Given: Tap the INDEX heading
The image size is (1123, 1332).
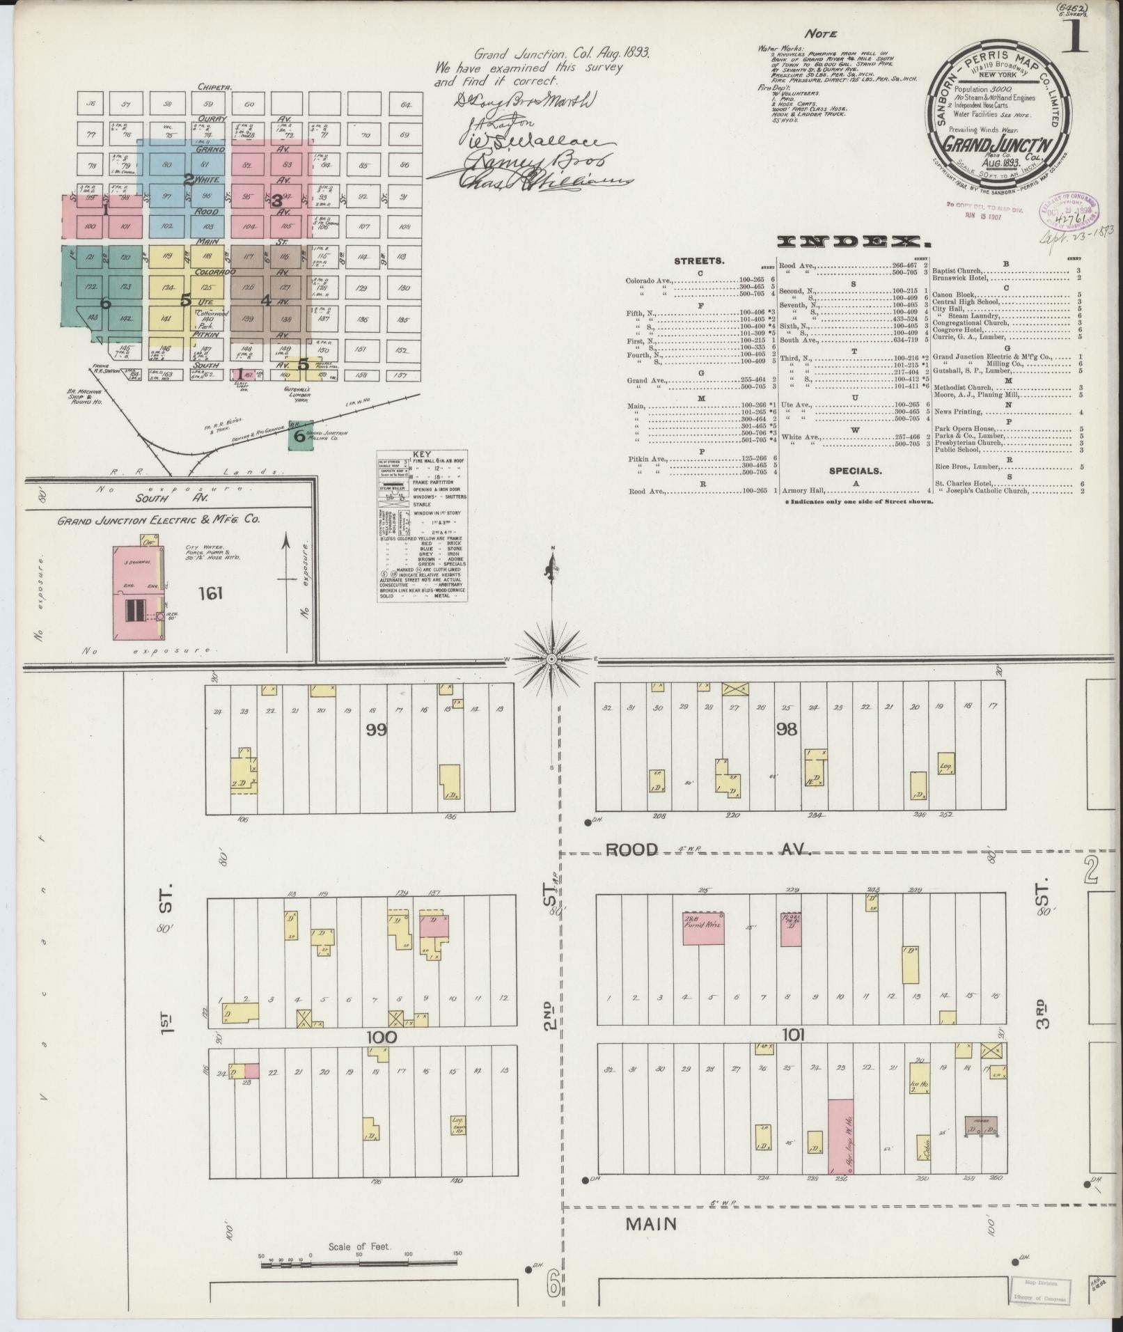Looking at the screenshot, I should [853, 242].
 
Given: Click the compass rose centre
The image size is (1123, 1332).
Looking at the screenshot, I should [551, 658].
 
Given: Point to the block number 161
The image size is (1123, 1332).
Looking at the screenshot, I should [210, 593].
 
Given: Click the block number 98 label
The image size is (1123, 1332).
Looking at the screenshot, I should [787, 729].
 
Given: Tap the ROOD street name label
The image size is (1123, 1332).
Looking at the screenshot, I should [631, 849].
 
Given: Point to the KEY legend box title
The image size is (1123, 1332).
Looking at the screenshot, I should [421, 454].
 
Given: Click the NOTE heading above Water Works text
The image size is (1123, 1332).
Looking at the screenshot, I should [820, 33].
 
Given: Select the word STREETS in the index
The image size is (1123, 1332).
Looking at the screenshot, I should [699, 261].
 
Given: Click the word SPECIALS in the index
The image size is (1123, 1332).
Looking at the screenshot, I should [855, 471].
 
